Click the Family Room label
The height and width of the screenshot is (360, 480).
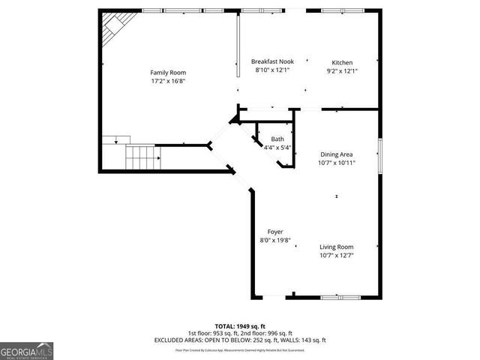pyautogui.click(x=168, y=73)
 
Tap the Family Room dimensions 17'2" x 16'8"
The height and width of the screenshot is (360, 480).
pyautogui.click(x=168, y=81)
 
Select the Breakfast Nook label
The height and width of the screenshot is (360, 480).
pyautogui.click(x=272, y=61)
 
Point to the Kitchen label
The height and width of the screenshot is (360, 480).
pyautogui.click(x=342, y=62)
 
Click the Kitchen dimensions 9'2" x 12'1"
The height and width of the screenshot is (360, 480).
pyautogui.click(x=342, y=70)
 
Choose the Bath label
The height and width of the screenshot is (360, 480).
pyautogui.click(x=277, y=139)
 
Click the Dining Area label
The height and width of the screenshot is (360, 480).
pyautogui.click(x=337, y=154)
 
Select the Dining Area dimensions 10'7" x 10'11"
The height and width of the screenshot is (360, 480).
pyautogui.click(x=337, y=162)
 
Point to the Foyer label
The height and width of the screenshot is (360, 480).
pyautogui.click(x=275, y=232)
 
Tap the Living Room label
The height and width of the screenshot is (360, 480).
pyautogui.click(x=337, y=247)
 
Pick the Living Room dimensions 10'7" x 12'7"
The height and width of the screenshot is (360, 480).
pyautogui.click(x=337, y=255)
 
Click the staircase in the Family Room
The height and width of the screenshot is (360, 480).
pyautogui.click(x=142, y=158)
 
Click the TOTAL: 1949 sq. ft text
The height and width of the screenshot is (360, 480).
pyautogui.click(x=240, y=326)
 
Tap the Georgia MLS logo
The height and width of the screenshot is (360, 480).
pyautogui.click(x=27, y=350)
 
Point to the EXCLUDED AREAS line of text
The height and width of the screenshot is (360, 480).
pyautogui.click(x=240, y=340)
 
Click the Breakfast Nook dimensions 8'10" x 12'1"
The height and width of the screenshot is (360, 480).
pyautogui.click(x=272, y=70)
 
